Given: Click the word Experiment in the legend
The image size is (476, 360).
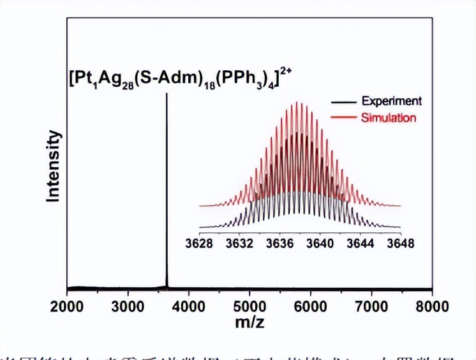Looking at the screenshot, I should click(391, 101).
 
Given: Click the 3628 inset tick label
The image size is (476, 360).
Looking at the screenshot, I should click(200, 243).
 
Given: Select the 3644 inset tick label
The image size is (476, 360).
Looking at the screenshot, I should click(361, 243).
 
